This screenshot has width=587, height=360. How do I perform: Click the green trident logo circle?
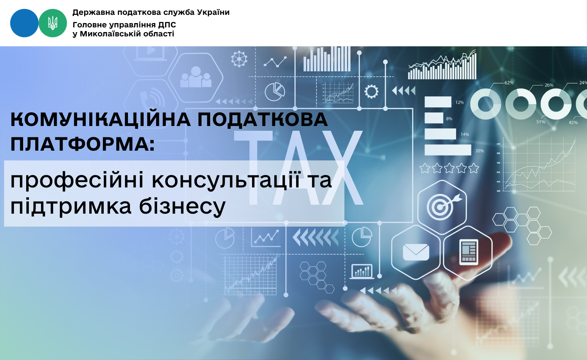pos(53,23)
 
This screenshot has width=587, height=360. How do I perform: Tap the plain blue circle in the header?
pos(24,23)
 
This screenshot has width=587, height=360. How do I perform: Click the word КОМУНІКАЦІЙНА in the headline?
pos(101,120)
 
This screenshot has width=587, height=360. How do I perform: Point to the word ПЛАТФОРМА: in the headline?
pos(83,144)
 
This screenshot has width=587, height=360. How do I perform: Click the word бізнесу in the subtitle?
pos(182,207)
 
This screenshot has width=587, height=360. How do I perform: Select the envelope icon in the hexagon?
pos(416,252)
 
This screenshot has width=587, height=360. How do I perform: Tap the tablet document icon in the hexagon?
pos(469,252)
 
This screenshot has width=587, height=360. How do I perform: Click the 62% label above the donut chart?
pos(509,83)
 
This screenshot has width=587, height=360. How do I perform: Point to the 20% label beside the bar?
pos(479,151)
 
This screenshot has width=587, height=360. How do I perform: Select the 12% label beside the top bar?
pos(460,103)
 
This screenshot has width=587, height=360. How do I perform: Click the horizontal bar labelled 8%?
pos(434,118)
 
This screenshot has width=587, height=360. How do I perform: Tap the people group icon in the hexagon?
pos(196,77)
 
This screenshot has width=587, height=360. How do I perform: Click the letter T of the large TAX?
pos(254,168)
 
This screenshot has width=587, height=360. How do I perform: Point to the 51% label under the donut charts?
pos(540,122)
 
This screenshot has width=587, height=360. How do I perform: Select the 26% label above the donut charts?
pos(549,85)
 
